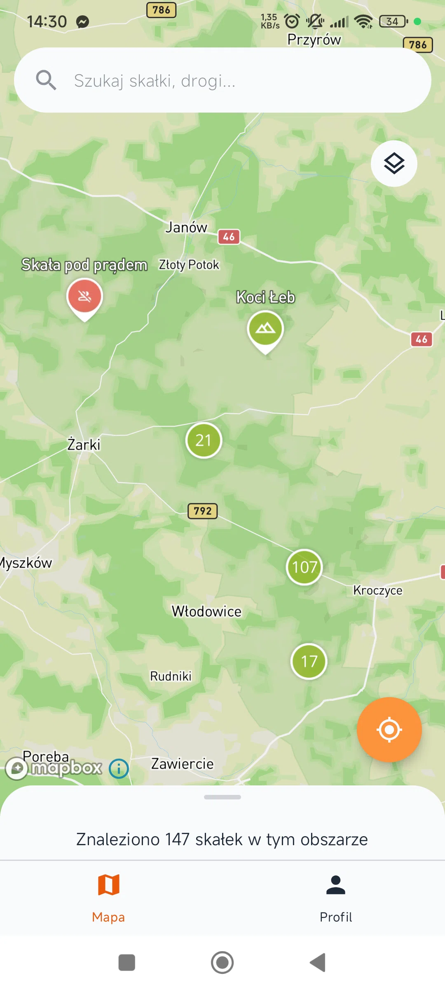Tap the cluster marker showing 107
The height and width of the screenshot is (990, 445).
click(304, 567)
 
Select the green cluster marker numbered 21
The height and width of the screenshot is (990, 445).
click(204, 440)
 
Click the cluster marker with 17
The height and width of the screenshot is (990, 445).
click(309, 661)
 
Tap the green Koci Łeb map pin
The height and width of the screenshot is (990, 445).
click(265, 329)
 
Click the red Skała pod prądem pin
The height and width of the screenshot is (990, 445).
click(84, 297)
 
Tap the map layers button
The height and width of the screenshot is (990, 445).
click(394, 164)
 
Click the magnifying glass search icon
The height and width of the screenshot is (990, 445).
click(46, 80)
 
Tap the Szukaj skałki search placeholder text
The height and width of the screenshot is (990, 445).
click(155, 81)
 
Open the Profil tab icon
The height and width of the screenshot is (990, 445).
click(336, 885)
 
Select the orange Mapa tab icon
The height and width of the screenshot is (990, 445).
click(108, 885)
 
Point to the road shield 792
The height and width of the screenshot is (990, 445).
click(202, 511)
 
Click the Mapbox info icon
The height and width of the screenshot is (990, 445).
click(119, 768)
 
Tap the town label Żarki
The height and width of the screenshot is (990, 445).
click(84, 445)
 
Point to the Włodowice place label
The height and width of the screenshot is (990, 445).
click(206, 611)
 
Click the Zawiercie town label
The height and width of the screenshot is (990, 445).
click(182, 764)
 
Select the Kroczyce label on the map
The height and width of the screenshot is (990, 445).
click(377, 590)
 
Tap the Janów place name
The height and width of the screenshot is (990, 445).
click(186, 227)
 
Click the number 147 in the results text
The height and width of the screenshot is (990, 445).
click(177, 839)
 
